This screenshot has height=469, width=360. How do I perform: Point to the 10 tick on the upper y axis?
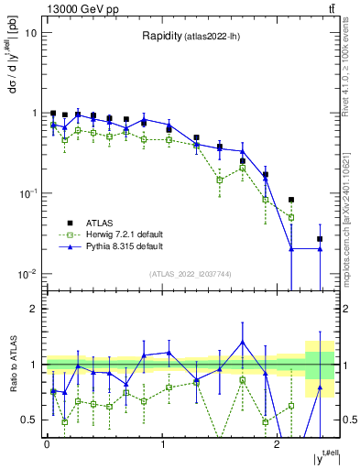pyautogui.click(x=30, y=33)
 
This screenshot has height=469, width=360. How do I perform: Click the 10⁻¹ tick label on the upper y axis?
pyautogui.click(x=27, y=193)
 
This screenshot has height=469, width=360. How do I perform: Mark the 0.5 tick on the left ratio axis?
pyautogui.click(x=28, y=420)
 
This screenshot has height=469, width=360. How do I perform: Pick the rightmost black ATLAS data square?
pyautogui.click(x=320, y=239)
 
